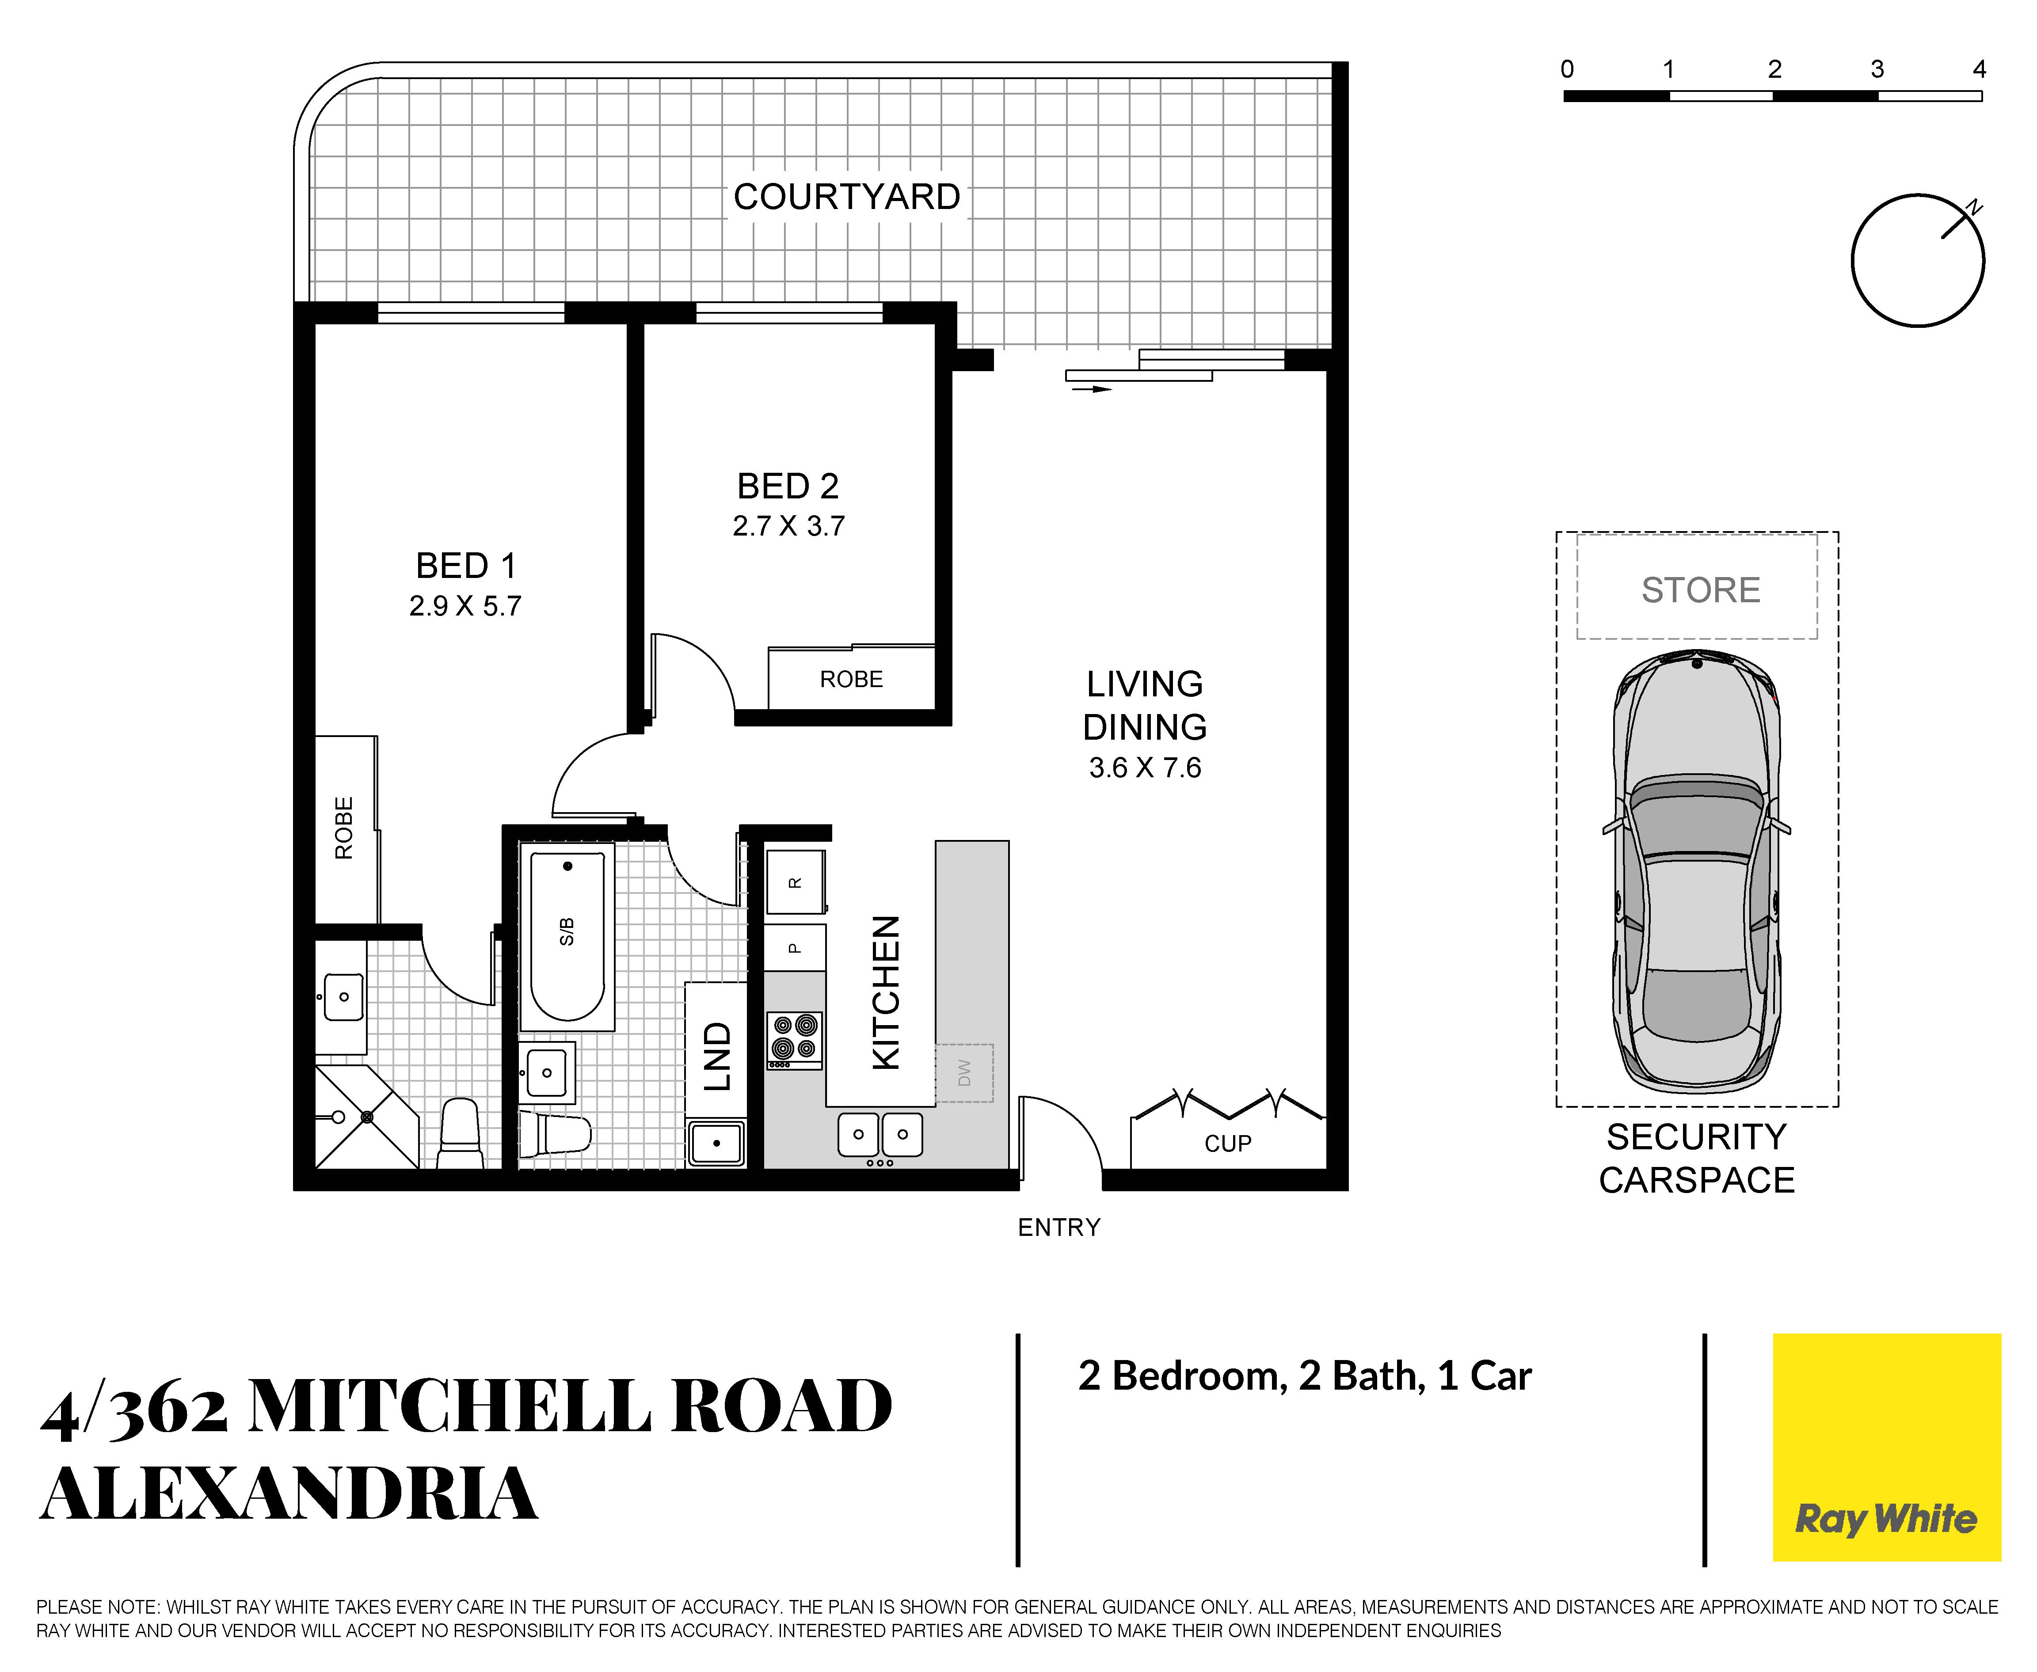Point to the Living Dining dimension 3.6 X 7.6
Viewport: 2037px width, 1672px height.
point(1145,768)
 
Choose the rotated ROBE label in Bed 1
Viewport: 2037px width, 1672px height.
point(344,828)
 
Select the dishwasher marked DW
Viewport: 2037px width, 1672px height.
point(964,1073)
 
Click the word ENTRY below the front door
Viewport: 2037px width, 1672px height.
point(1059,1227)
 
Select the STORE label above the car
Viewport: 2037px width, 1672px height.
point(1701,589)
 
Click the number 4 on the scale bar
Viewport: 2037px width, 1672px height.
point(1979,69)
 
